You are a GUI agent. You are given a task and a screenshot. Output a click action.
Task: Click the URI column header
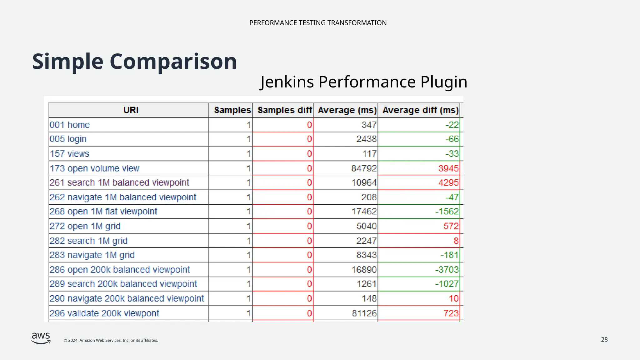tap(131, 110)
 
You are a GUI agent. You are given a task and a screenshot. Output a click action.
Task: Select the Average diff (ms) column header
tap(420, 110)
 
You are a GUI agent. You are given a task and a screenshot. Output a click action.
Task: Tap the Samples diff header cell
tap(284, 110)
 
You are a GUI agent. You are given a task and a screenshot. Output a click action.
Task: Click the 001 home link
tap(70, 125)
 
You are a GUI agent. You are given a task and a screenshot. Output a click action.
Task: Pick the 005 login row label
tap(68, 139)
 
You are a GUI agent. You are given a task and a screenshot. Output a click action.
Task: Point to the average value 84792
tap(364, 168)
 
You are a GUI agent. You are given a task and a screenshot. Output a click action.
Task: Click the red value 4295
tap(448, 182)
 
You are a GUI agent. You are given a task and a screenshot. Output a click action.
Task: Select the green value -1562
tap(447, 212)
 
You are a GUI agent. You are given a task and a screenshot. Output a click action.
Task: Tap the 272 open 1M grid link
tap(85, 226)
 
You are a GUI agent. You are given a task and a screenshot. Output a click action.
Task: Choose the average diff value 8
tap(456, 241)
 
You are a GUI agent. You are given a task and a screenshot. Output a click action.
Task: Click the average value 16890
tap(364, 270)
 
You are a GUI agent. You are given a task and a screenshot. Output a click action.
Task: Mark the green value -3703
tap(447, 270)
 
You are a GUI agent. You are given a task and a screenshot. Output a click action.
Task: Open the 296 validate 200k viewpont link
tap(104, 313)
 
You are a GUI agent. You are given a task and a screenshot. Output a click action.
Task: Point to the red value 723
tap(451, 313)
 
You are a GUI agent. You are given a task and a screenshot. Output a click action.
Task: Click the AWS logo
tap(41, 338)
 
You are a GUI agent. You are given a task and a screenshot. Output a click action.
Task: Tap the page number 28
tap(604, 340)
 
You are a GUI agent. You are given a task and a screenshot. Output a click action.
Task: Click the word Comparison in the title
tap(173, 62)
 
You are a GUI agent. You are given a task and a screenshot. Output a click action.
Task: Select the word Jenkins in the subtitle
tap(287, 82)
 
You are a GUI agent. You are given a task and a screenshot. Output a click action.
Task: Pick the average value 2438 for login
tap(366, 139)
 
